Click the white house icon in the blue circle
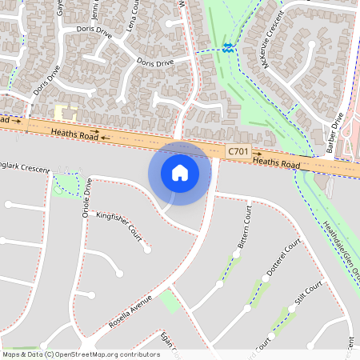(180, 172)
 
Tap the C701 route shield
(238, 151)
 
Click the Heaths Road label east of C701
(276, 162)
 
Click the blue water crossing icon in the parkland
(229, 47)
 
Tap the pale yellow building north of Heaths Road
(65, 114)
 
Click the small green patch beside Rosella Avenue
(169, 301)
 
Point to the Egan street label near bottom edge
(167, 340)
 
